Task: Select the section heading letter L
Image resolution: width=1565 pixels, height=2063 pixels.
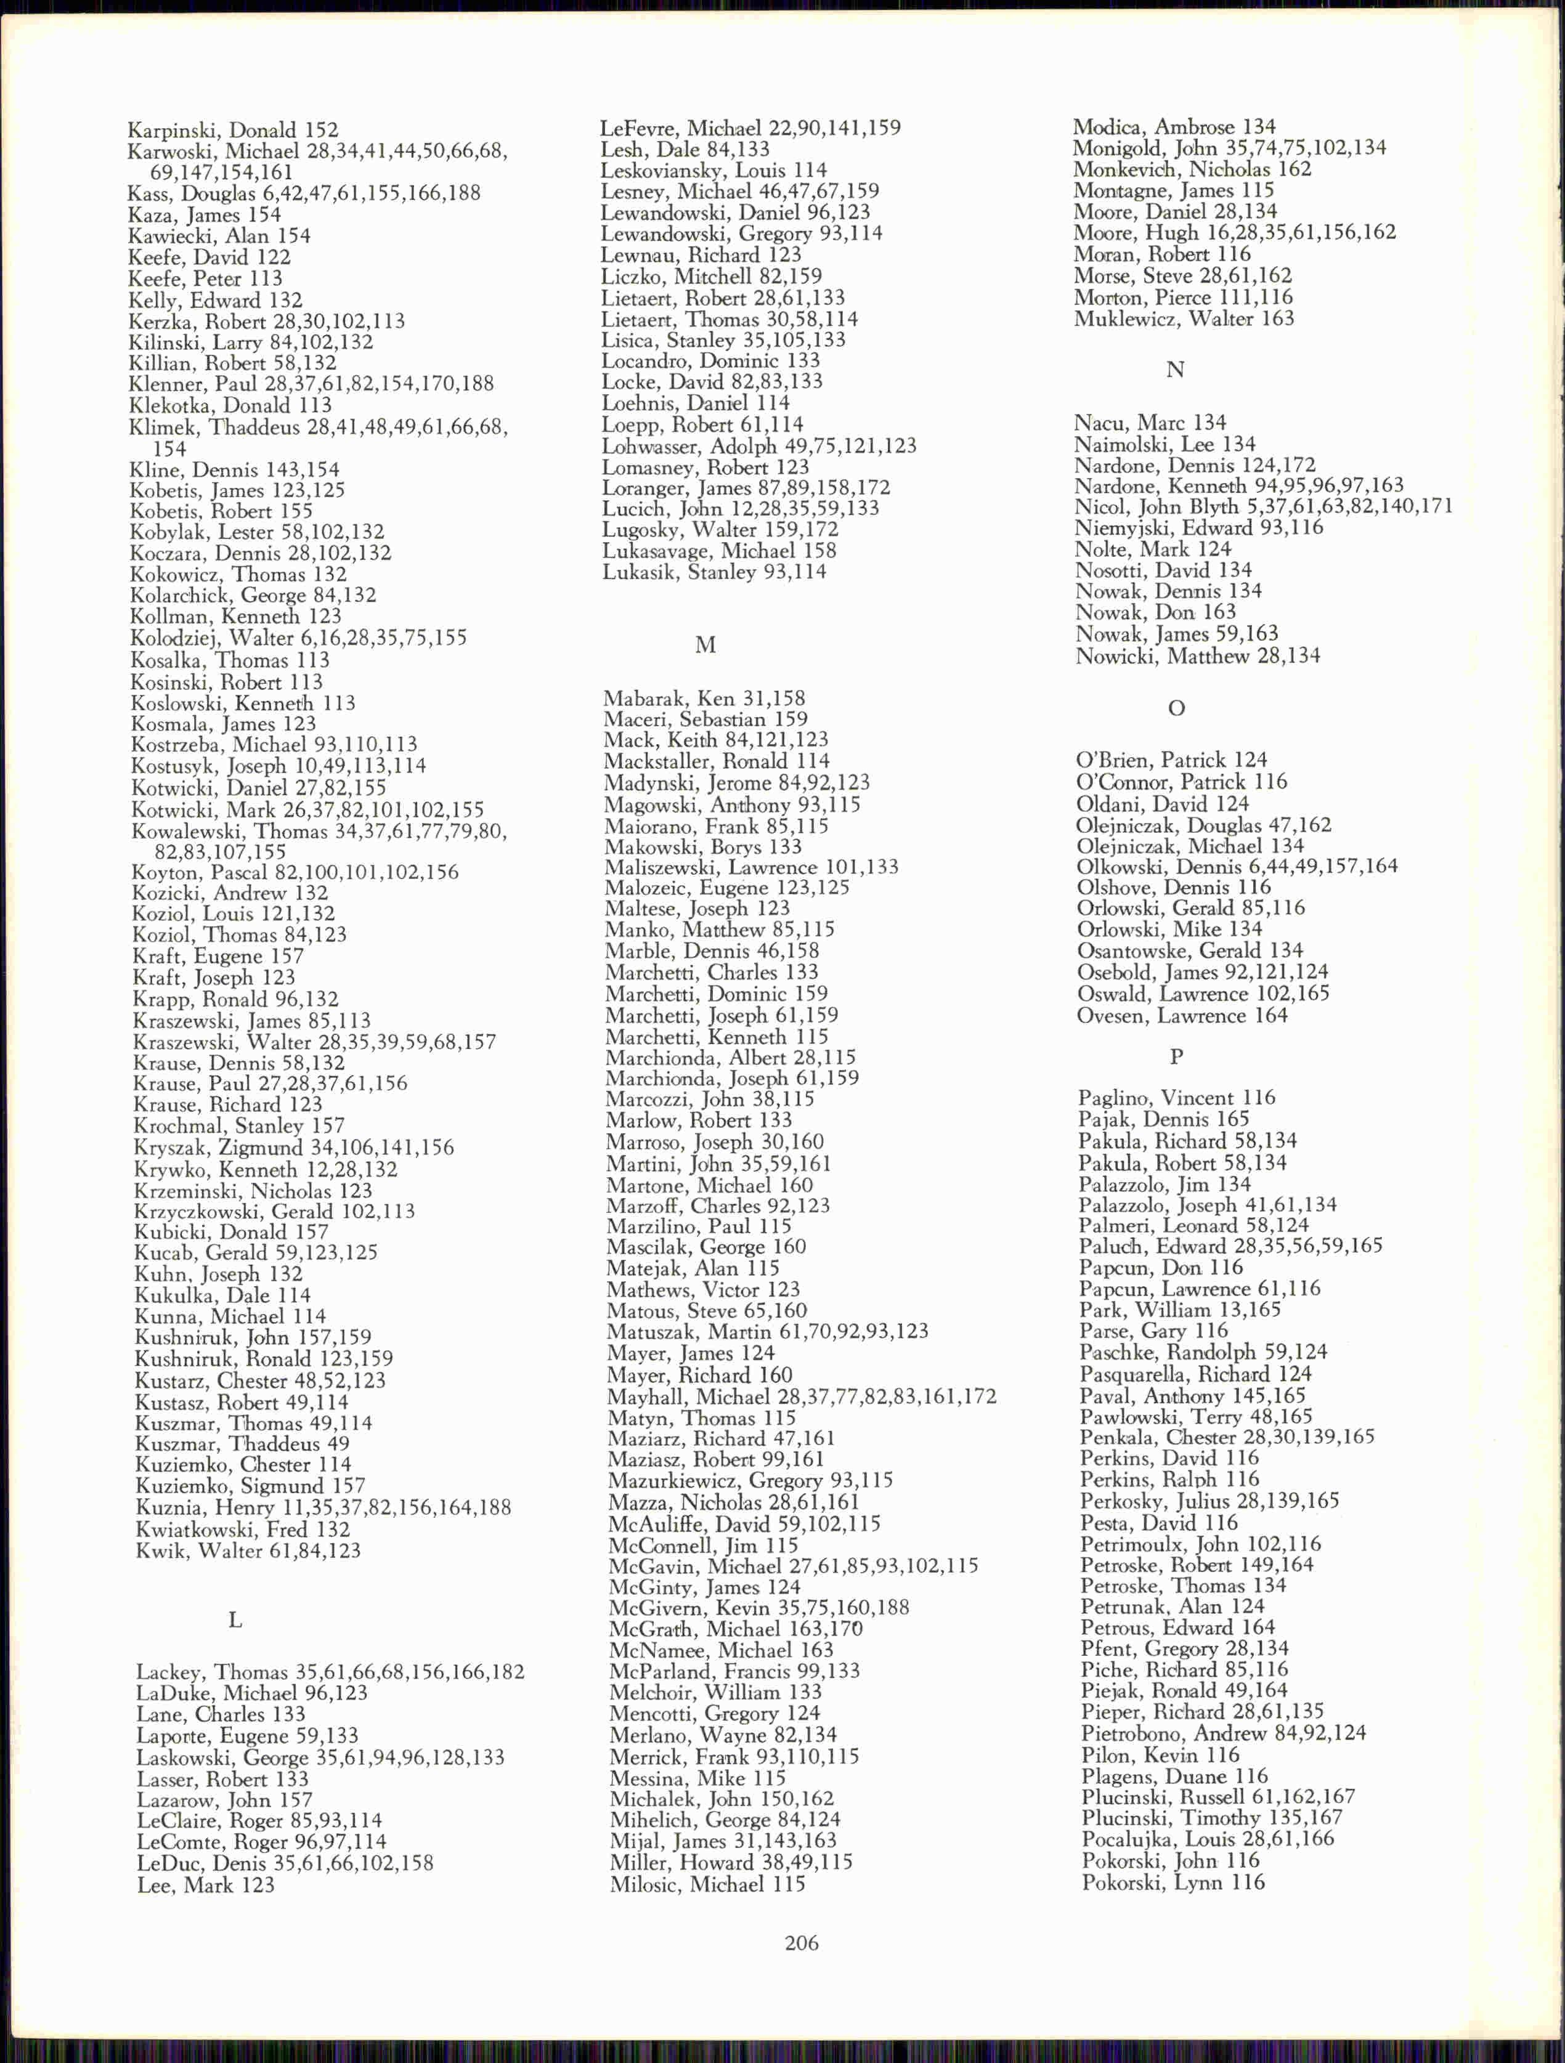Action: [x=235, y=1620]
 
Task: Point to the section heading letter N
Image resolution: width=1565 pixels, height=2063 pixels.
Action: [x=1175, y=370]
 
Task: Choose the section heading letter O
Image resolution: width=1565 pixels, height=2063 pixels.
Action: [x=1176, y=709]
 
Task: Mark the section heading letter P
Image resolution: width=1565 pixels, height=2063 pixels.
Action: [x=1176, y=1056]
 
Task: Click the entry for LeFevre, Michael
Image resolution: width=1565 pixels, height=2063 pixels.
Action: [x=750, y=128]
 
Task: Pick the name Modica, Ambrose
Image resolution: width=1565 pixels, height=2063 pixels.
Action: [x=1173, y=127]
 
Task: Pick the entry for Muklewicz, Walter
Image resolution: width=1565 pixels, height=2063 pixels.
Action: [x=1184, y=319]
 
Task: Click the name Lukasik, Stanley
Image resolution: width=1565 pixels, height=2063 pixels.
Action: [x=713, y=572]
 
